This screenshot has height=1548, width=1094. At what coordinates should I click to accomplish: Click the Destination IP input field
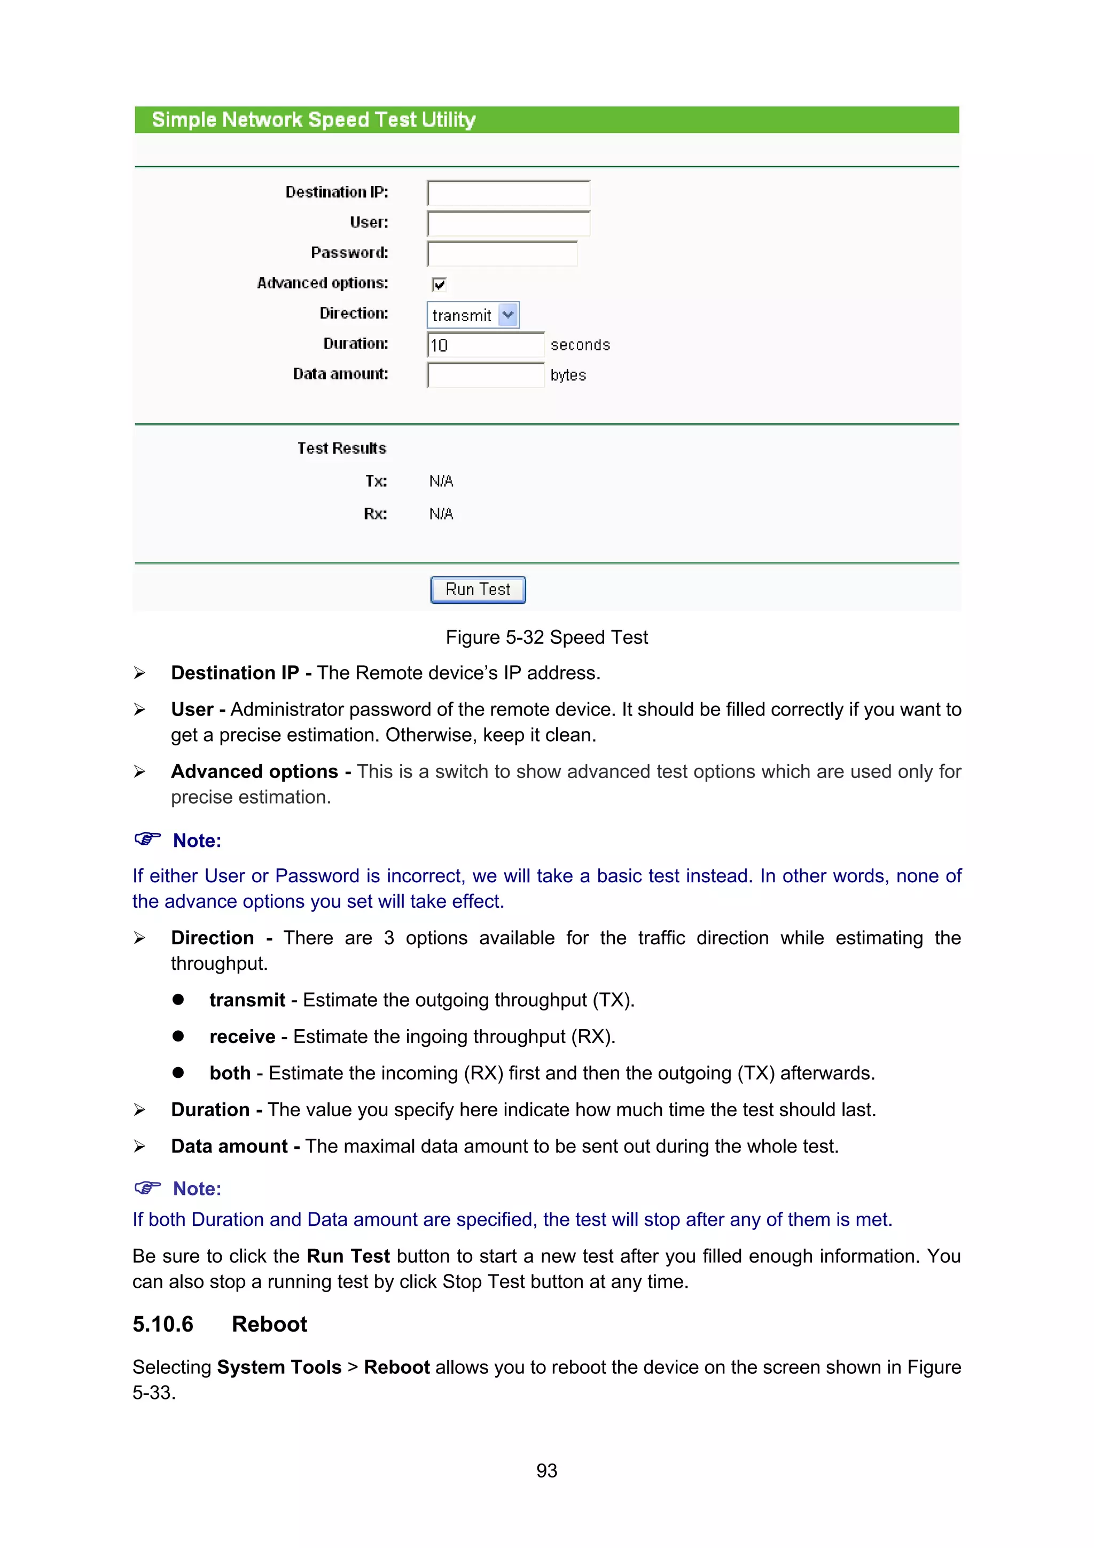point(508,193)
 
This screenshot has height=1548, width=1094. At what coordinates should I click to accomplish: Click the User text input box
point(508,224)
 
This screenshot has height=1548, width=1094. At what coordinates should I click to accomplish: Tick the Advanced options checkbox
point(439,284)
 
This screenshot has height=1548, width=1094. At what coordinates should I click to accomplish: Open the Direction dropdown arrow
point(508,315)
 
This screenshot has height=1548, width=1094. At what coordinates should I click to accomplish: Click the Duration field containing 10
point(486,345)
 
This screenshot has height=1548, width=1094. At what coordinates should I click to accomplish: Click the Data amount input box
point(486,376)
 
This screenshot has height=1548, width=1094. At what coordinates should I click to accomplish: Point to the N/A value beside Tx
point(441,481)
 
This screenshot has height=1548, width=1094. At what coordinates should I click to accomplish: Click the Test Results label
point(341,448)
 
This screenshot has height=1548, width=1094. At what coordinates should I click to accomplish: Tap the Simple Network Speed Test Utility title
point(314,120)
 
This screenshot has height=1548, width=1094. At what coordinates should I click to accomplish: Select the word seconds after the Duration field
point(580,345)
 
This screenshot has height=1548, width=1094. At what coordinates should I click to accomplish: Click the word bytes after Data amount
point(567,376)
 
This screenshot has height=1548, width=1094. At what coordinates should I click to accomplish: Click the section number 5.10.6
point(162,1325)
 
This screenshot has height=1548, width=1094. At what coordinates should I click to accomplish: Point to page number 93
point(546,1471)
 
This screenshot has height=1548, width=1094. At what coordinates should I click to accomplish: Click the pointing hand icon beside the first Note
point(147,839)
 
